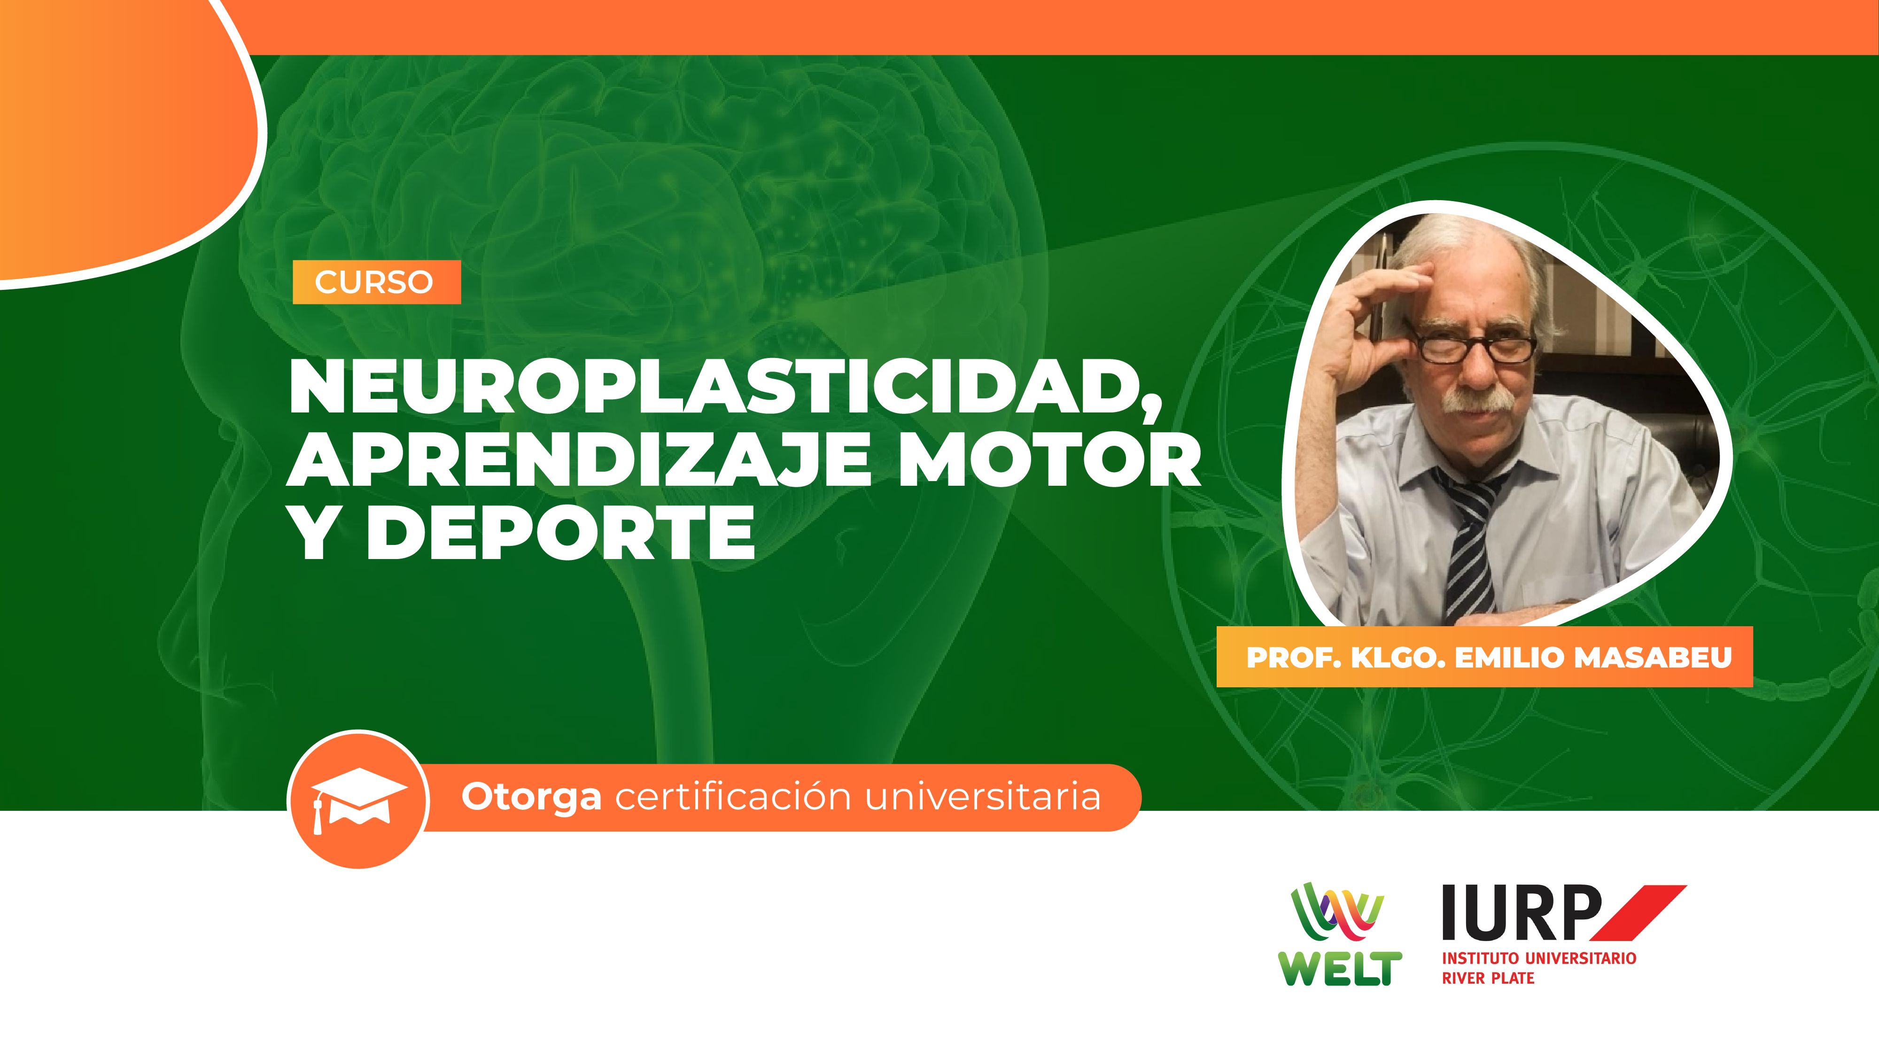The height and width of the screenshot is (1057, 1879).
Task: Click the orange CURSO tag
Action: [x=376, y=281]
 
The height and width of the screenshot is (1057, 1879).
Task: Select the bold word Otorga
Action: [x=531, y=797]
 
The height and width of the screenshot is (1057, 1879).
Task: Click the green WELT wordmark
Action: [x=1340, y=969]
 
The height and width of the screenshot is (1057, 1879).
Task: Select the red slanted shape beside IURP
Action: [x=1638, y=913]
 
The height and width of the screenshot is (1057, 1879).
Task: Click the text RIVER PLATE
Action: [x=1488, y=978]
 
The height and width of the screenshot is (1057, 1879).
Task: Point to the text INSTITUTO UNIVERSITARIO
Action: [x=1539, y=958]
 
